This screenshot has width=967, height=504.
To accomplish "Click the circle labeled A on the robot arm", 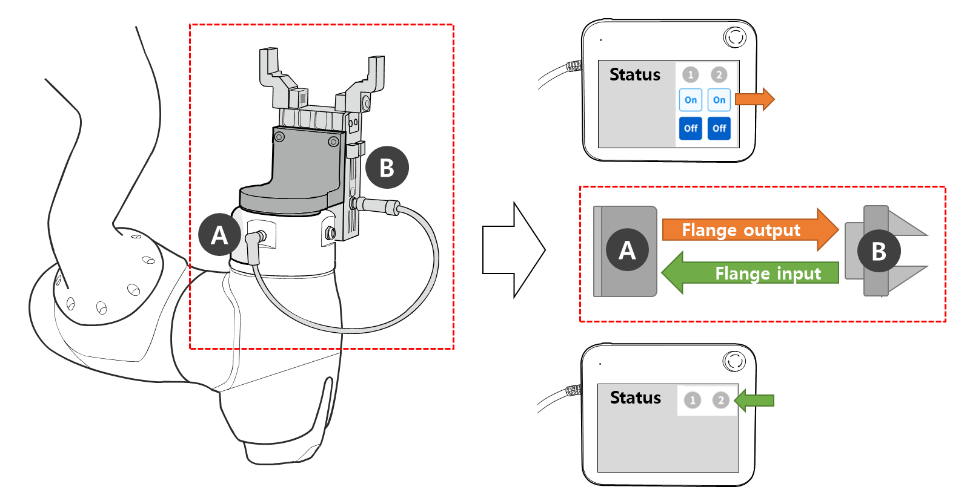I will coord(219,235).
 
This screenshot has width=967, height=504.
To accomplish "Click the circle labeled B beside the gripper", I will coord(387,168).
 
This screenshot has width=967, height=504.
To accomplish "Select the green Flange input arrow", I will coord(751,273).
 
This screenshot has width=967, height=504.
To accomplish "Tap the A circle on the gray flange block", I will coord(627,249).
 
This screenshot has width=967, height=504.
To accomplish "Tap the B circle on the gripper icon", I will coord(879,250).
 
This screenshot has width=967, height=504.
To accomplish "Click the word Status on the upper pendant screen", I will coord(634,74).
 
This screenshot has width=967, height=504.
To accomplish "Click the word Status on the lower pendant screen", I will coord(635,398).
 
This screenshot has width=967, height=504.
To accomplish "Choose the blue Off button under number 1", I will coord(690,128).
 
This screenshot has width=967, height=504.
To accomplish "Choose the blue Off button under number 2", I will coord(719,128).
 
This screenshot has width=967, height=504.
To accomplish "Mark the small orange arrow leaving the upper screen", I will coord(755,99).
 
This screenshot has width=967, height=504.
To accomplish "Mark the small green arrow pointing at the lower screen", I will coord(754,400).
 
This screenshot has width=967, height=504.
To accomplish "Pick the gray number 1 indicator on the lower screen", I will coord(693,400).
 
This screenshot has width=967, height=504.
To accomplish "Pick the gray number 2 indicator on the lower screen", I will coord(720,400).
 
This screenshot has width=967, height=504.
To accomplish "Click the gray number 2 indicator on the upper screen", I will coord(719,74).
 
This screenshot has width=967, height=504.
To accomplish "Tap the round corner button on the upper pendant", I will coord(735,37).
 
